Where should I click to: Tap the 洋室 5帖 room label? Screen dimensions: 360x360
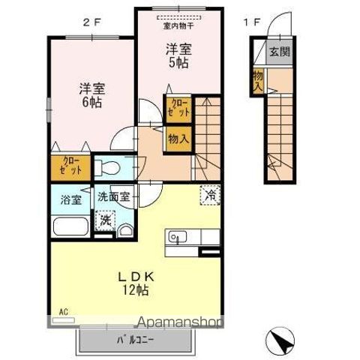point(178,56)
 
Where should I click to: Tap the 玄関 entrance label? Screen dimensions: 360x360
point(277,52)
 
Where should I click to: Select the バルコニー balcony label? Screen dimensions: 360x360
point(135,340)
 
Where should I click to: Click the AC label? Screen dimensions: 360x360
point(63,309)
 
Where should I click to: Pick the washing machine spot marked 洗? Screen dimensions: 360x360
point(103,222)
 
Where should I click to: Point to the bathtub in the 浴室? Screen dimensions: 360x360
point(72,226)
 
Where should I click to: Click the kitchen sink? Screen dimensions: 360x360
point(177,238)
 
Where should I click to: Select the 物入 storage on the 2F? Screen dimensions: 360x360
point(178,139)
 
